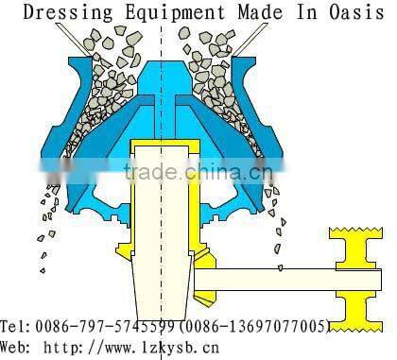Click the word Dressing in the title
(x=59, y=13)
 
